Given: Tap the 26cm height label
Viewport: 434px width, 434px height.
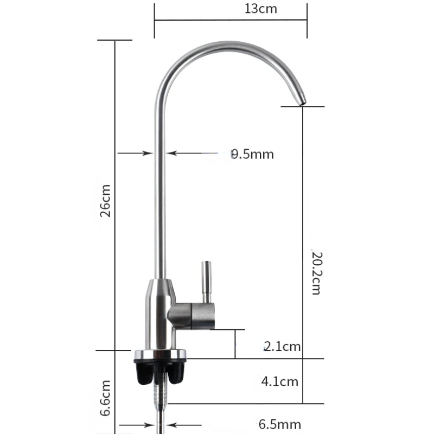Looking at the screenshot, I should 106,200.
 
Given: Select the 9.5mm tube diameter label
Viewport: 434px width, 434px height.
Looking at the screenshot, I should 252,154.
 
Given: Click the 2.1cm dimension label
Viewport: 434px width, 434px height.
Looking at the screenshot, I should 282,346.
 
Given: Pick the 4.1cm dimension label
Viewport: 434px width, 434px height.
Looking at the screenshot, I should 280,381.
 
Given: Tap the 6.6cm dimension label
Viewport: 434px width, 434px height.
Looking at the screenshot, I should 106,398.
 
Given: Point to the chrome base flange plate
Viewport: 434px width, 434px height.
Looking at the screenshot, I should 160,355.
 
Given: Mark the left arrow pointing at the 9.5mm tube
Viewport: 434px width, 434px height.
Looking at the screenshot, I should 136,154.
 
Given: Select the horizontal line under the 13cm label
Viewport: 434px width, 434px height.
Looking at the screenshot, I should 231,21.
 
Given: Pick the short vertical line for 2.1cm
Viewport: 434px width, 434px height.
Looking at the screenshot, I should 235,343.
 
